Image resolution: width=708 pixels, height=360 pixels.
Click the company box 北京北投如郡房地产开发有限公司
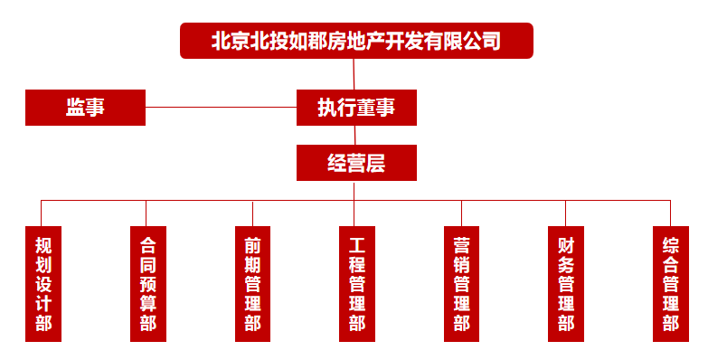(356, 41)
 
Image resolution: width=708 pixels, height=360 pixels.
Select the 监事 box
(85, 107)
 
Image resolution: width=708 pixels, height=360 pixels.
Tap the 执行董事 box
(356, 107)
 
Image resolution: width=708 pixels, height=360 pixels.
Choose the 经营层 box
(356, 163)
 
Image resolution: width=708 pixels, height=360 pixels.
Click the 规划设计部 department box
(43, 283)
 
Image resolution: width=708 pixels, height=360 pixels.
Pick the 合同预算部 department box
(148, 283)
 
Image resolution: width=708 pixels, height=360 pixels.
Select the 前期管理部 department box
(252, 283)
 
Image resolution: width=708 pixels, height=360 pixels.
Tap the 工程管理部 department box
(357, 283)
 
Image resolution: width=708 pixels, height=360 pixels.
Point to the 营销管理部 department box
(461, 283)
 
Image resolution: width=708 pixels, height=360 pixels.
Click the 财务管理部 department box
(566, 283)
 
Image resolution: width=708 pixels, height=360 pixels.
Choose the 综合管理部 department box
(670, 283)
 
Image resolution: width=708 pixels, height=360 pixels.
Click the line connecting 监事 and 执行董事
(221, 107)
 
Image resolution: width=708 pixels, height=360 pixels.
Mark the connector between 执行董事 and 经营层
(355, 135)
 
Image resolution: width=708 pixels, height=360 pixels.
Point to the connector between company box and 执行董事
(355, 73)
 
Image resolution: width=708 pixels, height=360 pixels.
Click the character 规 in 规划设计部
(43, 244)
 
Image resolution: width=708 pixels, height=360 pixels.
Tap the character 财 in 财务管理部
(566, 244)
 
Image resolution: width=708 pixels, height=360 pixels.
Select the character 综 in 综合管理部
(670, 244)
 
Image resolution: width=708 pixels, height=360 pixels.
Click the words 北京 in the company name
(228, 41)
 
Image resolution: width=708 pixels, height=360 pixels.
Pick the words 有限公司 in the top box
(465, 41)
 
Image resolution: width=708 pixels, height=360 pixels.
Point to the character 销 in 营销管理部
(461, 264)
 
